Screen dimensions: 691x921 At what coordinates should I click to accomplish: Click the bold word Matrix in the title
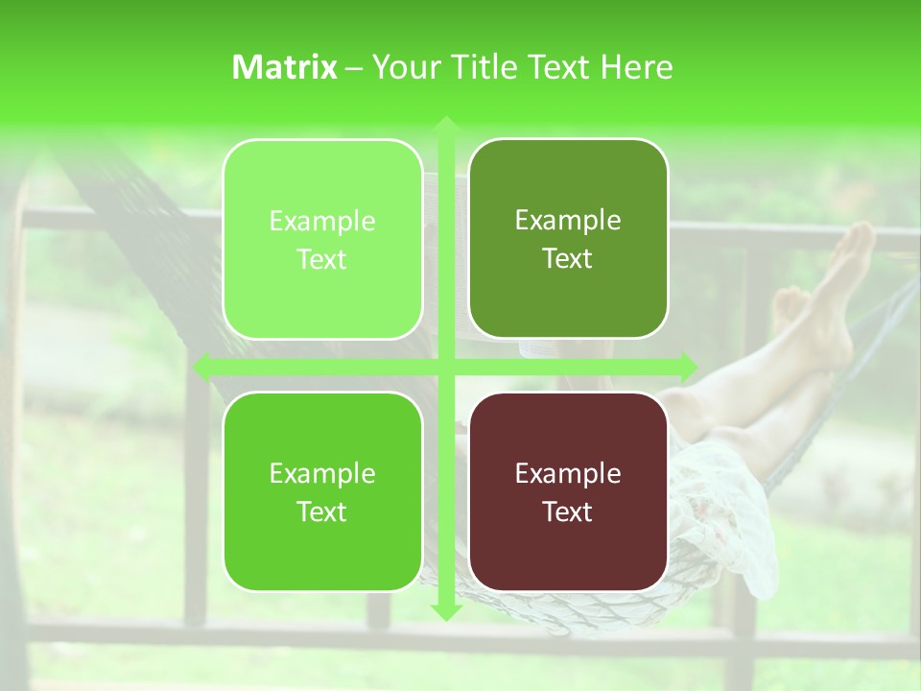(x=285, y=67)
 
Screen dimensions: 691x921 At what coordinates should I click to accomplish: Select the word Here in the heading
(x=636, y=67)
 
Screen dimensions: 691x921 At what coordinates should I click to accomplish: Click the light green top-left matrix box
(x=322, y=239)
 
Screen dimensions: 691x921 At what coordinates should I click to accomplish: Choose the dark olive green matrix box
(x=568, y=238)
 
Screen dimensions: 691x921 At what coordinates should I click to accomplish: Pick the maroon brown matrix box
(x=568, y=491)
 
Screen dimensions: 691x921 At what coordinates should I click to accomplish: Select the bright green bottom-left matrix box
(x=322, y=491)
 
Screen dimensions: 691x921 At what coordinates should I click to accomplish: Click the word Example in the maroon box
(x=568, y=473)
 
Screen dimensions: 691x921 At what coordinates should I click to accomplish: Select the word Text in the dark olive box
(x=568, y=258)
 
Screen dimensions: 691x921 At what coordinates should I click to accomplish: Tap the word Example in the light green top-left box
(x=322, y=221)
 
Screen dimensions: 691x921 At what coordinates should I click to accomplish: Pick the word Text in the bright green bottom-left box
(x=322, y=512)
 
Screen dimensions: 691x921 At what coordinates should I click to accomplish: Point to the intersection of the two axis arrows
(x=445, y=366)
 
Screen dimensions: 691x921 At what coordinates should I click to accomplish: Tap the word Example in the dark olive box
(x=568, y=220)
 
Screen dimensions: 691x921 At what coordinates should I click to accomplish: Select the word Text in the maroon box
(x=568, y=512)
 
